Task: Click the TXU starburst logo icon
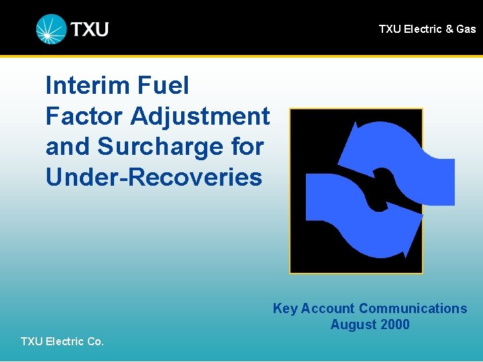click(x=52, y=29)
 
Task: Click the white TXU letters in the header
click(x=90, y=29)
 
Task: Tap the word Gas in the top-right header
click(x=466, y=29)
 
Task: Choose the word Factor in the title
click(x=85, y=116)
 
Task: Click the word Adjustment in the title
click(x=201, y=116)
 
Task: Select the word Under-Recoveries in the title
click(x=154, y=177)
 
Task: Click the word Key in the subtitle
click(x=284, y=308)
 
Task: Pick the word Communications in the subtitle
click(x=413, y=308)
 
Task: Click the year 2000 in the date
click(x=395, y=324)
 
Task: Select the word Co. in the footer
click(x=95, y=341)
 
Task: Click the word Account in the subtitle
click(x=327, y=308)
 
